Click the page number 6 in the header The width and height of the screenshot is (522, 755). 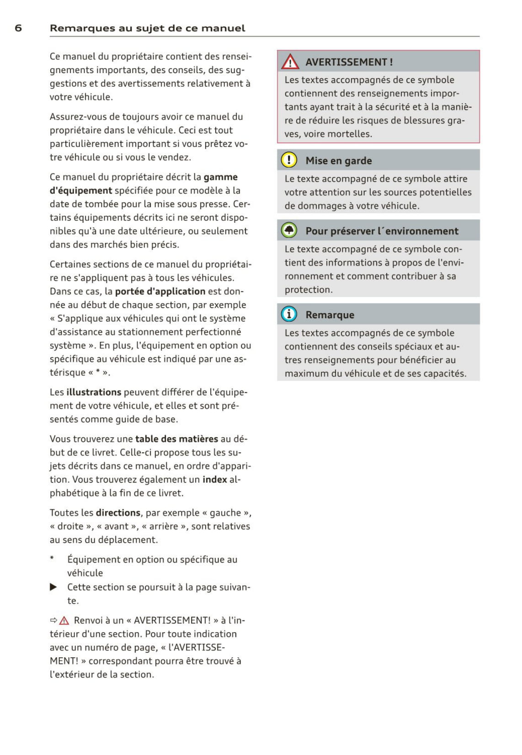coord(18,28)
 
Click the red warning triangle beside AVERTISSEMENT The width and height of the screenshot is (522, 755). coord(290,62)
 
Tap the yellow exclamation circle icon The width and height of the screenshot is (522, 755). coord(289,160)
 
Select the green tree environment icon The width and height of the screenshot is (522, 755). coord(289,231)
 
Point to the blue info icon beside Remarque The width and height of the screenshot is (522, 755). coord(289,314)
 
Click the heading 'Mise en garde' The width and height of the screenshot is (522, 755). coord(339,161)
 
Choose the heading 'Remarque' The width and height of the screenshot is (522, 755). coord(330,315)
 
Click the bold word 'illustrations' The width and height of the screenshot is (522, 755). coord(94,392)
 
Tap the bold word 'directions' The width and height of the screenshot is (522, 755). coord(118,513)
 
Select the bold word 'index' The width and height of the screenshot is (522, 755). coord(215,479)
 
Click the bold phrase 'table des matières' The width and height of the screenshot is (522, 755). coord(176,439)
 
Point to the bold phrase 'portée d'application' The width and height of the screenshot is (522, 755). coord(160,291)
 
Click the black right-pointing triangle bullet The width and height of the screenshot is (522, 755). coord(53,587)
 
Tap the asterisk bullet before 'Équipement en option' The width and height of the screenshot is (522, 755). coord(52,558)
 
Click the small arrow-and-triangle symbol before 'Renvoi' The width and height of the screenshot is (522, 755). coord(59,620)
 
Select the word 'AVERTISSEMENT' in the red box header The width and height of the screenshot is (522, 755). coord(346,62)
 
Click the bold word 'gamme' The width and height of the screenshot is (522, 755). coord(220,177)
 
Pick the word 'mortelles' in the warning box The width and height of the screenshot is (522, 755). coord(352,134)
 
